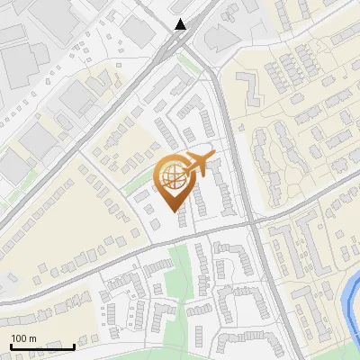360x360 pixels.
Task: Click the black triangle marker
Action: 181,24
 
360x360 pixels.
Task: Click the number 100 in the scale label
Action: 19,338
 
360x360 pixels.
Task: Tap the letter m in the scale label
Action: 32,338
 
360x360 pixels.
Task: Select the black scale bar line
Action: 41,346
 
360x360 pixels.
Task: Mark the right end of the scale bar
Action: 74,346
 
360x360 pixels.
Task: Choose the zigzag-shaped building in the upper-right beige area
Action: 248,85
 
